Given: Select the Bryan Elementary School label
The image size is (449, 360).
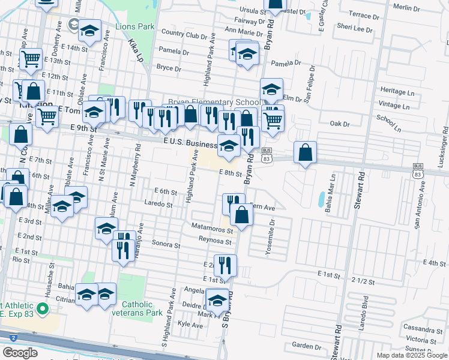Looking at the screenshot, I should tap(214, 102).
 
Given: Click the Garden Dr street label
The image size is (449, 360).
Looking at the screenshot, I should tap(306, 346).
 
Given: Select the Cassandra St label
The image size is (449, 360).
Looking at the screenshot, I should tap(424, 329).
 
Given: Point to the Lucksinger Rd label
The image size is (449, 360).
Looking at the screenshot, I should tap(444, 143).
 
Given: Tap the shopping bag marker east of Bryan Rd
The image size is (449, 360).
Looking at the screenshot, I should tap(306, 154).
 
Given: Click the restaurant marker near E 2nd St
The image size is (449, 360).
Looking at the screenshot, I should tap(225, 264).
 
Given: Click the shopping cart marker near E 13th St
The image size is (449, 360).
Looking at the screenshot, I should tap(29, 59).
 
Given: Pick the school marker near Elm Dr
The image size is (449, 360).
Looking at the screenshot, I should tap(271, 90).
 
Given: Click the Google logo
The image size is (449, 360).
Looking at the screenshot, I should tap(20, 353).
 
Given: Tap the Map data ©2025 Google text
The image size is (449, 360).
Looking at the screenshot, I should tap(411, 356).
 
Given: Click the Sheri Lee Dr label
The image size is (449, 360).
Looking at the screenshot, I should tap(355, 28).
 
